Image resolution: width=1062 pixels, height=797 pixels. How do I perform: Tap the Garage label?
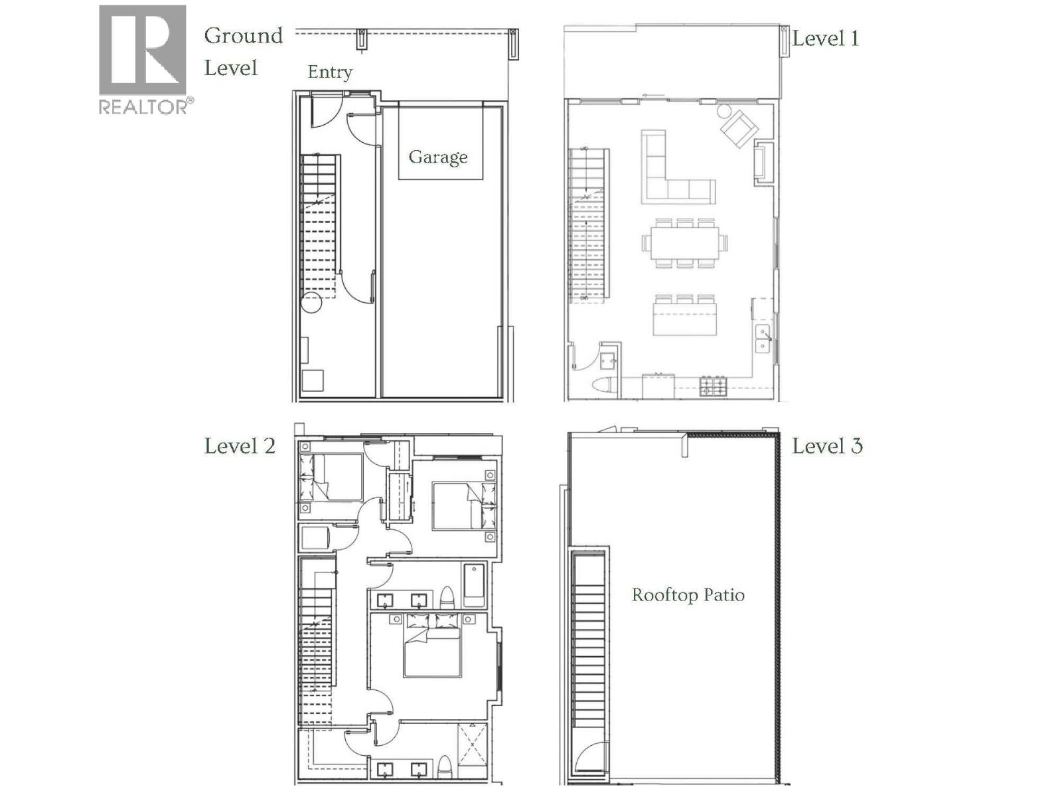click(438, 157)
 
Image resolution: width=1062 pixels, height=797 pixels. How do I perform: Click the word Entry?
click(330, 72)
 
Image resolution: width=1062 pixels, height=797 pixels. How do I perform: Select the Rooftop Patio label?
click(688, 594)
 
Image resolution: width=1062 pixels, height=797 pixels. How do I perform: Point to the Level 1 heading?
click(826, 39)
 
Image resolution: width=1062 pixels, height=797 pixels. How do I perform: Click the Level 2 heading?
click(240, 446)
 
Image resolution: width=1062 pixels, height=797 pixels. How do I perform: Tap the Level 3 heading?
click(827, 446)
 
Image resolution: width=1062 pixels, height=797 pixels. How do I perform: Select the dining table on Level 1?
click(684, 243)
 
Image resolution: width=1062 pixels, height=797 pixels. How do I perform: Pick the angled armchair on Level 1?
click(738, 128)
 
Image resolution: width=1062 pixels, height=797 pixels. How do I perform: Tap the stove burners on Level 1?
click(714, 385)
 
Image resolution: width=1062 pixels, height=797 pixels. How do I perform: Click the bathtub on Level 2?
click(475, 585)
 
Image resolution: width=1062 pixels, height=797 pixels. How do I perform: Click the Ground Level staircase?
click(319, 226)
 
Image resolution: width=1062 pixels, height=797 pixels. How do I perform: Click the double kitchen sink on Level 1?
click(763, 339)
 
